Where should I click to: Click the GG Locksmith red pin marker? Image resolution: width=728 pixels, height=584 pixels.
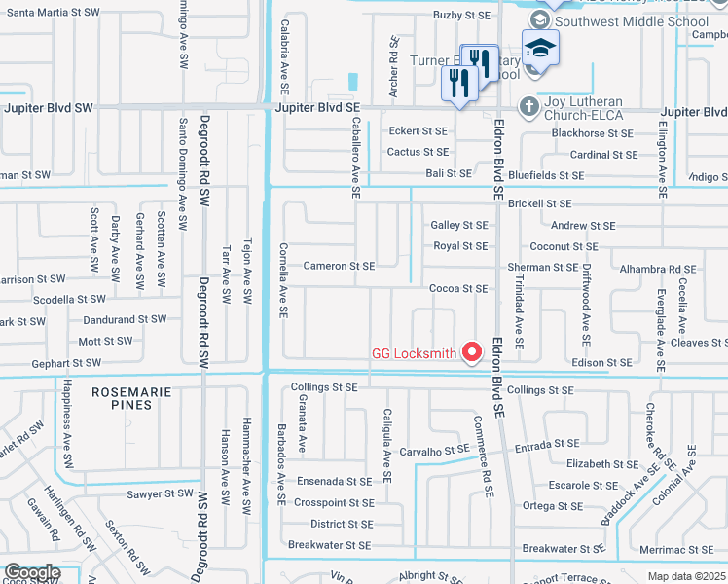(x=473, y=350)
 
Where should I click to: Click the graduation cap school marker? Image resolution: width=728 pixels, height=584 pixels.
(x=540, y=49)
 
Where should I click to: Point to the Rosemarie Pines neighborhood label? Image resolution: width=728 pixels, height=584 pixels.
(x=136, y=397)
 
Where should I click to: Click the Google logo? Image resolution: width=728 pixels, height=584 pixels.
(x=31, y=573)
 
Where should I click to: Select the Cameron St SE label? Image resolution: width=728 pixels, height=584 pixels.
(x=339, y=266)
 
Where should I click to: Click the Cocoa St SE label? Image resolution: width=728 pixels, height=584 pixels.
(x=458, y=289)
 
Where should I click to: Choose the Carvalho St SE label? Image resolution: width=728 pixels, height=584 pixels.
(x=435, y=451)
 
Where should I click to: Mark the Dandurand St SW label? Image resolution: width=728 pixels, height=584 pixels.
(x=125, y=318)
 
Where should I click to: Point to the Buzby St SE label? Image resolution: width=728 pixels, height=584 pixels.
(x=461, y=16)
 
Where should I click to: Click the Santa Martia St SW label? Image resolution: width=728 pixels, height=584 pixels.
(x=54, y=13)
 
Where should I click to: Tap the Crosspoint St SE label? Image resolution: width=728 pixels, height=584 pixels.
(x=332, y=503)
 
